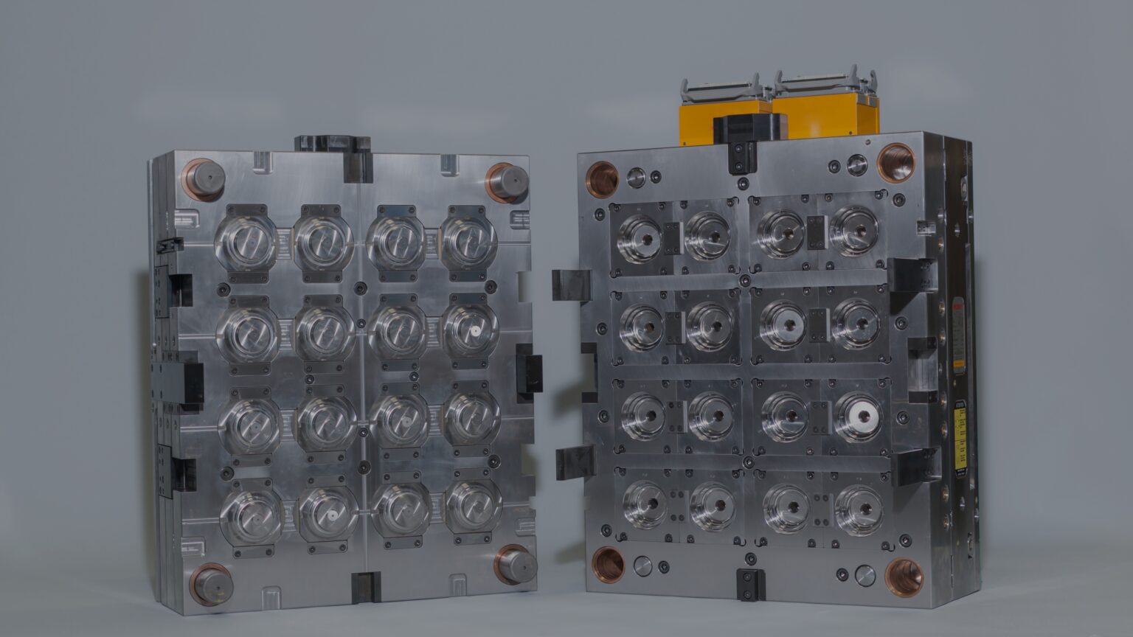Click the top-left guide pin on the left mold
point(203,179)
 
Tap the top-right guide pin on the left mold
point(508,181)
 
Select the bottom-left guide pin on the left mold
point(212,584)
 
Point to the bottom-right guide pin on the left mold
point(516,565)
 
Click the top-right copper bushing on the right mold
point(895,163)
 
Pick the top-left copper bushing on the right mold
point(602,179)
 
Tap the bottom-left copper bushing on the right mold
point(609,564)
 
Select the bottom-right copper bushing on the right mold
point(904,577)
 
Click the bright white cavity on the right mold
point(859,416)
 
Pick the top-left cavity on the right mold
point(640,237)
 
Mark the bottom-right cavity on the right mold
point(857,509)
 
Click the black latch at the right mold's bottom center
point(750,585)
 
